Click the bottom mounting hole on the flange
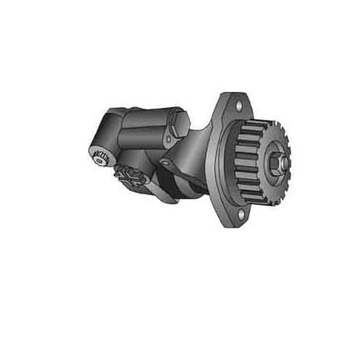240,215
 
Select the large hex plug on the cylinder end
177,125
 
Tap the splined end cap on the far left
100,158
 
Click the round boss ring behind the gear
225,165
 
